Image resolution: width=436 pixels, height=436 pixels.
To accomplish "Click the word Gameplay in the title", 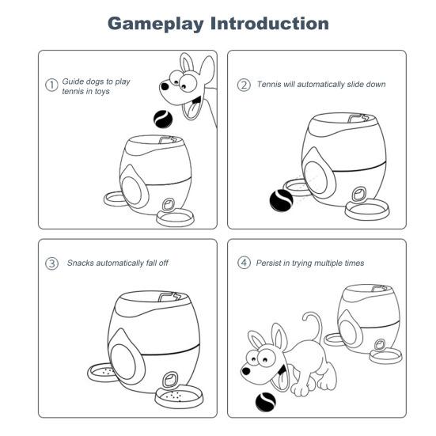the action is tap(156, 24).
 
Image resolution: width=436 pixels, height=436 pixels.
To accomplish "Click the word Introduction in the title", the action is tap(270, 24).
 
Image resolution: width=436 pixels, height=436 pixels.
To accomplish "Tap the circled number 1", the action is tap(51, 85).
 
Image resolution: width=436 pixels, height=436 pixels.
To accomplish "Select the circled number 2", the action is tap(244, 85).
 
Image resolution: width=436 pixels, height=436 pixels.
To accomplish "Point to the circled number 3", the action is tap(51, 263).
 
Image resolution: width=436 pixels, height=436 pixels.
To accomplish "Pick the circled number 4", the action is tap(244, 263).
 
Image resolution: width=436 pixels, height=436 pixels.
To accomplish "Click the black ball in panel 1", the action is tap(163, 119).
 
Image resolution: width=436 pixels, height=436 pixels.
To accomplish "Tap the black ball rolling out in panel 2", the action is tap(281, 200).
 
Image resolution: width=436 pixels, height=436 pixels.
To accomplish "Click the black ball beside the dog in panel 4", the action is tap(266, 402).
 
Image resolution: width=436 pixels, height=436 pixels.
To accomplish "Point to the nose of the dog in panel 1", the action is tap(165, 86).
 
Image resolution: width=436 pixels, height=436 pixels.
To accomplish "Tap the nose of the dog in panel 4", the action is tap(246, 371).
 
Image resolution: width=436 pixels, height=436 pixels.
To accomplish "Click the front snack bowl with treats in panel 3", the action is tap(179, 396).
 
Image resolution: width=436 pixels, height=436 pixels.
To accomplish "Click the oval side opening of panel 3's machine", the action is tap(123, 362).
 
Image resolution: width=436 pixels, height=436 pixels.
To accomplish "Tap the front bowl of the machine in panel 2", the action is tap(367, 210).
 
